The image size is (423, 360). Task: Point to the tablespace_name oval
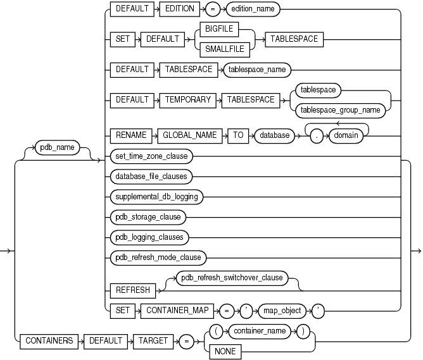(256, 70)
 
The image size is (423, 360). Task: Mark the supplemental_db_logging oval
(156, 196)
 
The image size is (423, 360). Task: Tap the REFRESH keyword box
(132, 290)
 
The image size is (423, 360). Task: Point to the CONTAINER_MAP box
(187, 310)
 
